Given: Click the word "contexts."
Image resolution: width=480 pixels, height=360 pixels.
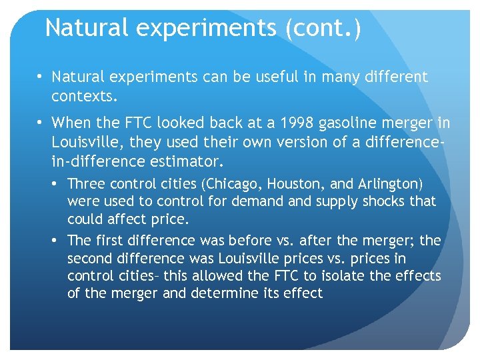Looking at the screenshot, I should click(x=84, y=97).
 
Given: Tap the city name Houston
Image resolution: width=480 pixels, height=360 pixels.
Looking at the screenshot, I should click(x=298, y=183).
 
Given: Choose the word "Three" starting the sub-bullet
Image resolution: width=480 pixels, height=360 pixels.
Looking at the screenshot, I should click(x=85, y=183).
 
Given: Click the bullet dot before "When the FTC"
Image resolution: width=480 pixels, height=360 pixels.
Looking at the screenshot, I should click(x=41, y=123).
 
